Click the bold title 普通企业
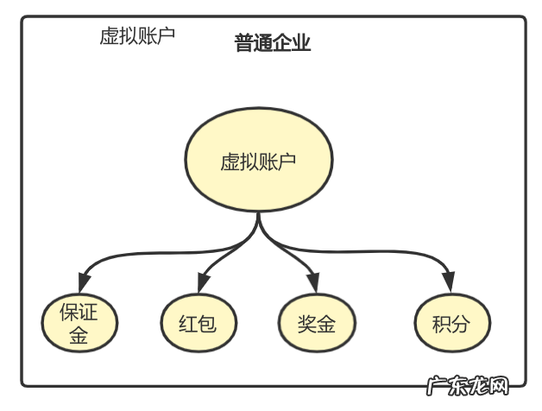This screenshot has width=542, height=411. click(x=273, y=44)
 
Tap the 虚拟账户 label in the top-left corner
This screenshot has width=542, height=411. click(x=138, y=36)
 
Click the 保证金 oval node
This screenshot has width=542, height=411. click(x=79, y=324)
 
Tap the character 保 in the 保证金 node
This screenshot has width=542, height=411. click(x=68, y=312)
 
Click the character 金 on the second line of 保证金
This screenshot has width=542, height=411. click(x=79, y=336)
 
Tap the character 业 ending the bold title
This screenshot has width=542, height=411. click(x=301, y=44)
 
